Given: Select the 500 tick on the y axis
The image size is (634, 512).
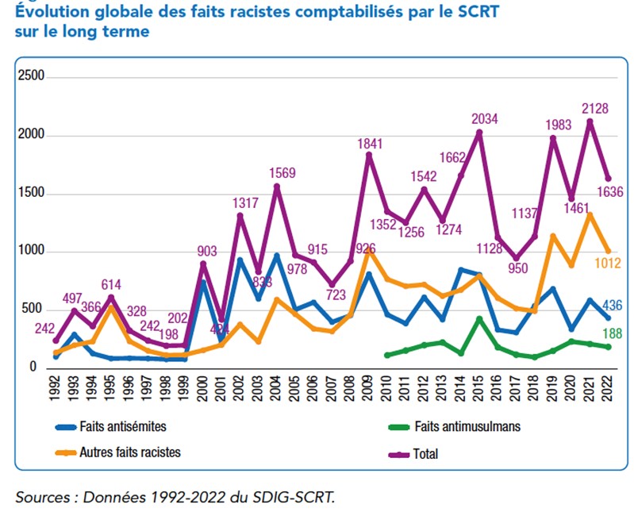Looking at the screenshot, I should (37, 309).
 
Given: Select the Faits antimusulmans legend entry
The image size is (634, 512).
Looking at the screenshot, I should (467, 426).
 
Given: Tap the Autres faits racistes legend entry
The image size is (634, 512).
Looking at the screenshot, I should (129, 452).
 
